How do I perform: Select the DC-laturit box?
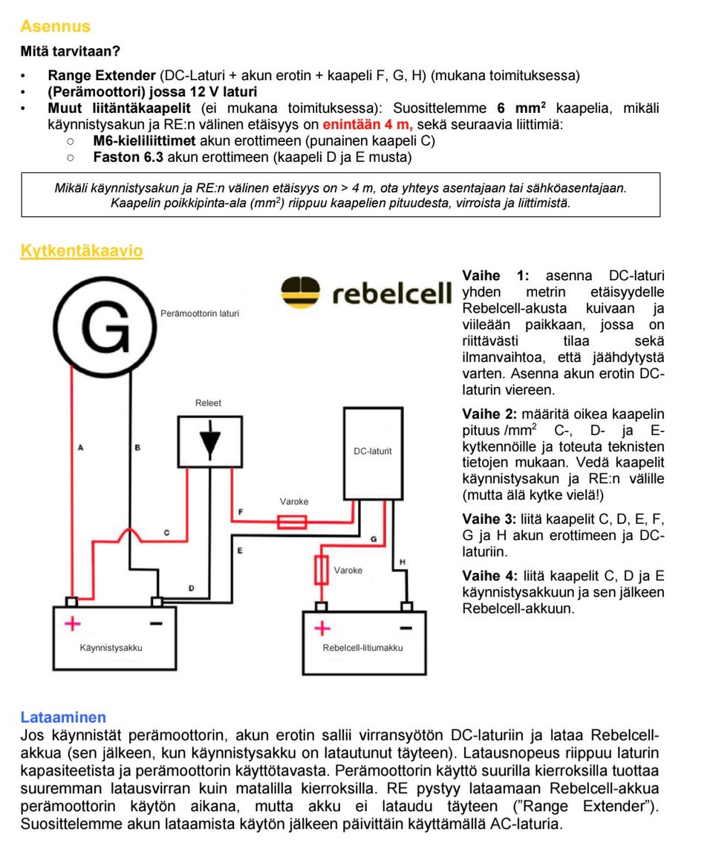pyautogui.click(x=373, y=452)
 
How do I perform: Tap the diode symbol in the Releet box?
pyautogui.click(x=210, y=441)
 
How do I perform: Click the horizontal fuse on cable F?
pyautogui.click(x=292, y=522)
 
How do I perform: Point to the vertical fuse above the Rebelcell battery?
pyautogui.click(x=322, y=571)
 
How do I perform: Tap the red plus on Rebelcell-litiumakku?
pyautogui.click(x=322, y=628)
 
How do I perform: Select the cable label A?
pyautogui.click(x=80, y=448)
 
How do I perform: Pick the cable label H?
pyautogui.click(x=403, y=562)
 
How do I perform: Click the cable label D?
pyautogui.click(x=191, y=588)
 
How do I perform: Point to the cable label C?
pyautogui.click(x=166, y=533)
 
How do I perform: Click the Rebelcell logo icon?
pyautogui.click(x=301, y=292)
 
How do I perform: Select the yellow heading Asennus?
pyautogui.click(x=55, y=27)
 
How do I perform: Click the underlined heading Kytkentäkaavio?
pyautogui.click(x=82, y=251)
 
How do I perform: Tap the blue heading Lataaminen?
pyautogui.click(x=63, y=718)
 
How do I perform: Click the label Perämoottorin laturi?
pyautogui.click(x=200, y=314)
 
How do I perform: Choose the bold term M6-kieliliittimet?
pyautogui.click(x=145, y=140)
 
